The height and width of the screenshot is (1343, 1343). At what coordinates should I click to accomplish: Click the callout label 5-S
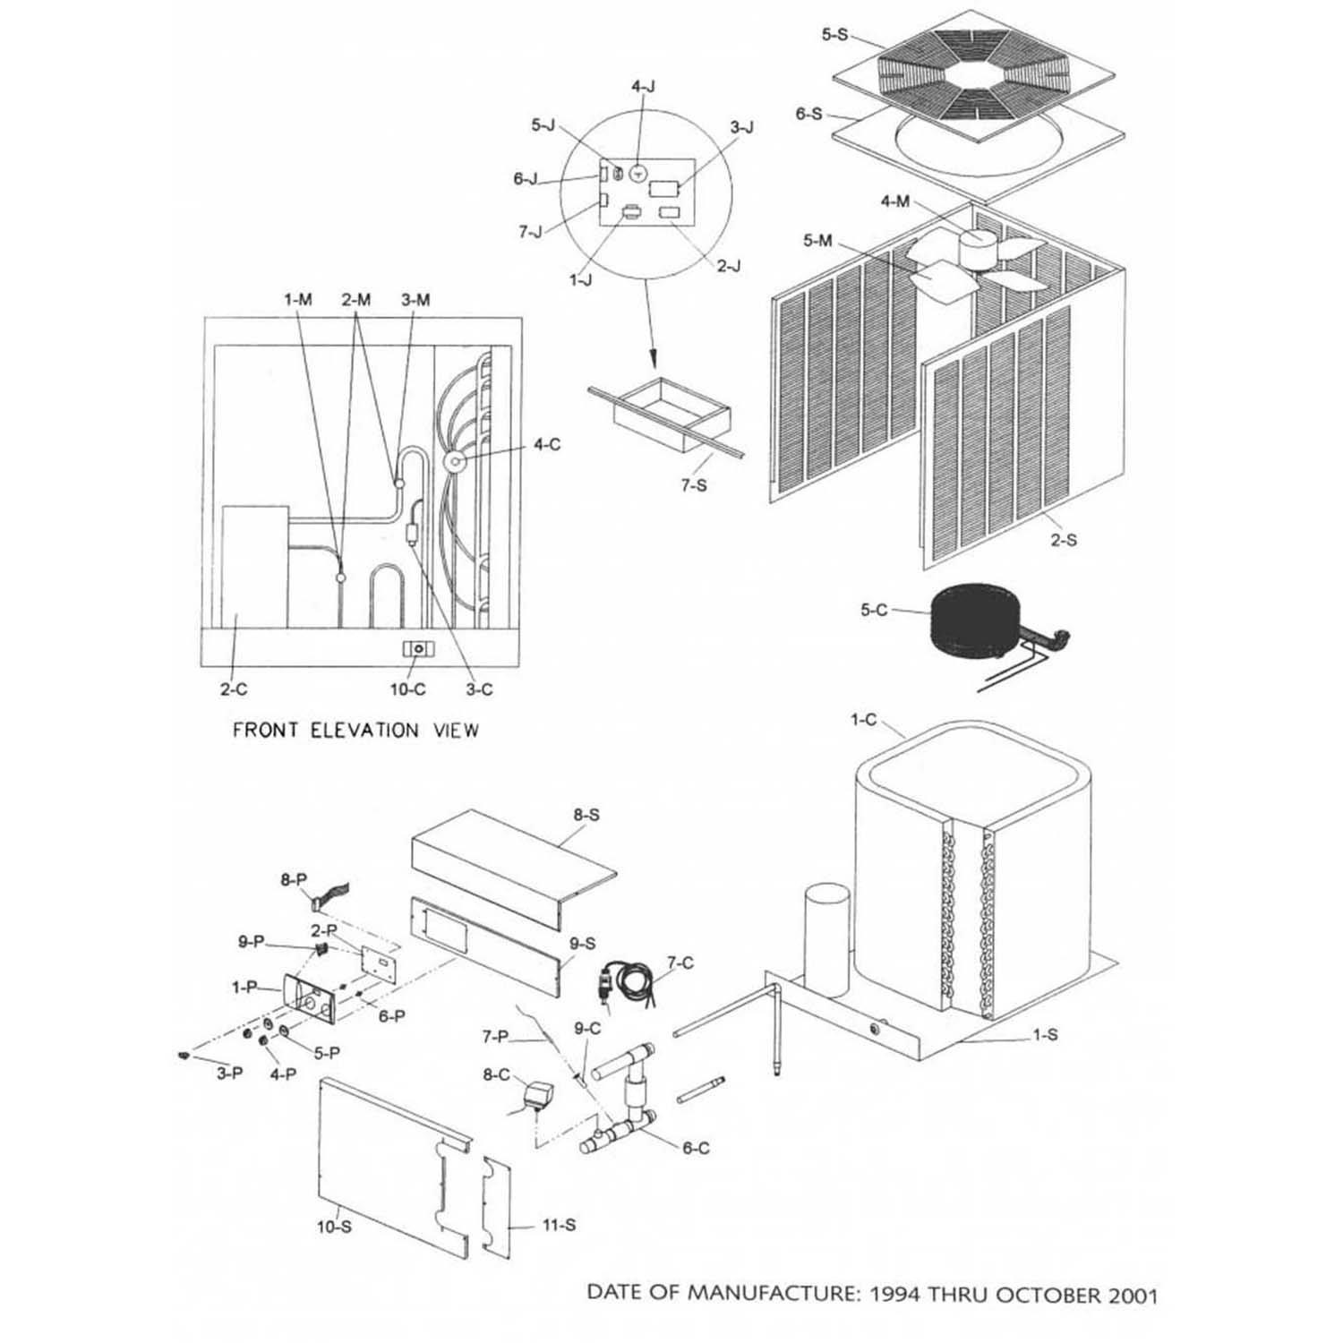coord(834,35)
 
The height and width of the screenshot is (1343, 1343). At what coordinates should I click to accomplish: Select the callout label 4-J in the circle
coord(643,87)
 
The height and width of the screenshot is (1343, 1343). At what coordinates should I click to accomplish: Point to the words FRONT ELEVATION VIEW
coord(355,731)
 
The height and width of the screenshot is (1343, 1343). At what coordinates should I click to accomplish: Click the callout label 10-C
coord(407,689)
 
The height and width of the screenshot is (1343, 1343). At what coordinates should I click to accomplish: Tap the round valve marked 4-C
coord(454,462)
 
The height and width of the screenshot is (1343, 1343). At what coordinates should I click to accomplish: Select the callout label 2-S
coord(1064,540)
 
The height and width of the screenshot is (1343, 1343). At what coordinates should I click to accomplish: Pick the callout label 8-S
coord(586,815)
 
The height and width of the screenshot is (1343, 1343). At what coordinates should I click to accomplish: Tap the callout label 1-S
coord(1045,1035)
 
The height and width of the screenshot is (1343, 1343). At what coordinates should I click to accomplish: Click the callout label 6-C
coord(696,1148)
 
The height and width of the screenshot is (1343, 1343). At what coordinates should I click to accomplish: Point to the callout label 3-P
coord(229,1073)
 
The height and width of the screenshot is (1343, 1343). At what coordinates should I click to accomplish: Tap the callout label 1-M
coord(298,300)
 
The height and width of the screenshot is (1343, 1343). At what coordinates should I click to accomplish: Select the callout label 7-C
coord(680,963)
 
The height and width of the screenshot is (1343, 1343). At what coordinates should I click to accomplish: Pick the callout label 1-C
coord(863,720)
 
